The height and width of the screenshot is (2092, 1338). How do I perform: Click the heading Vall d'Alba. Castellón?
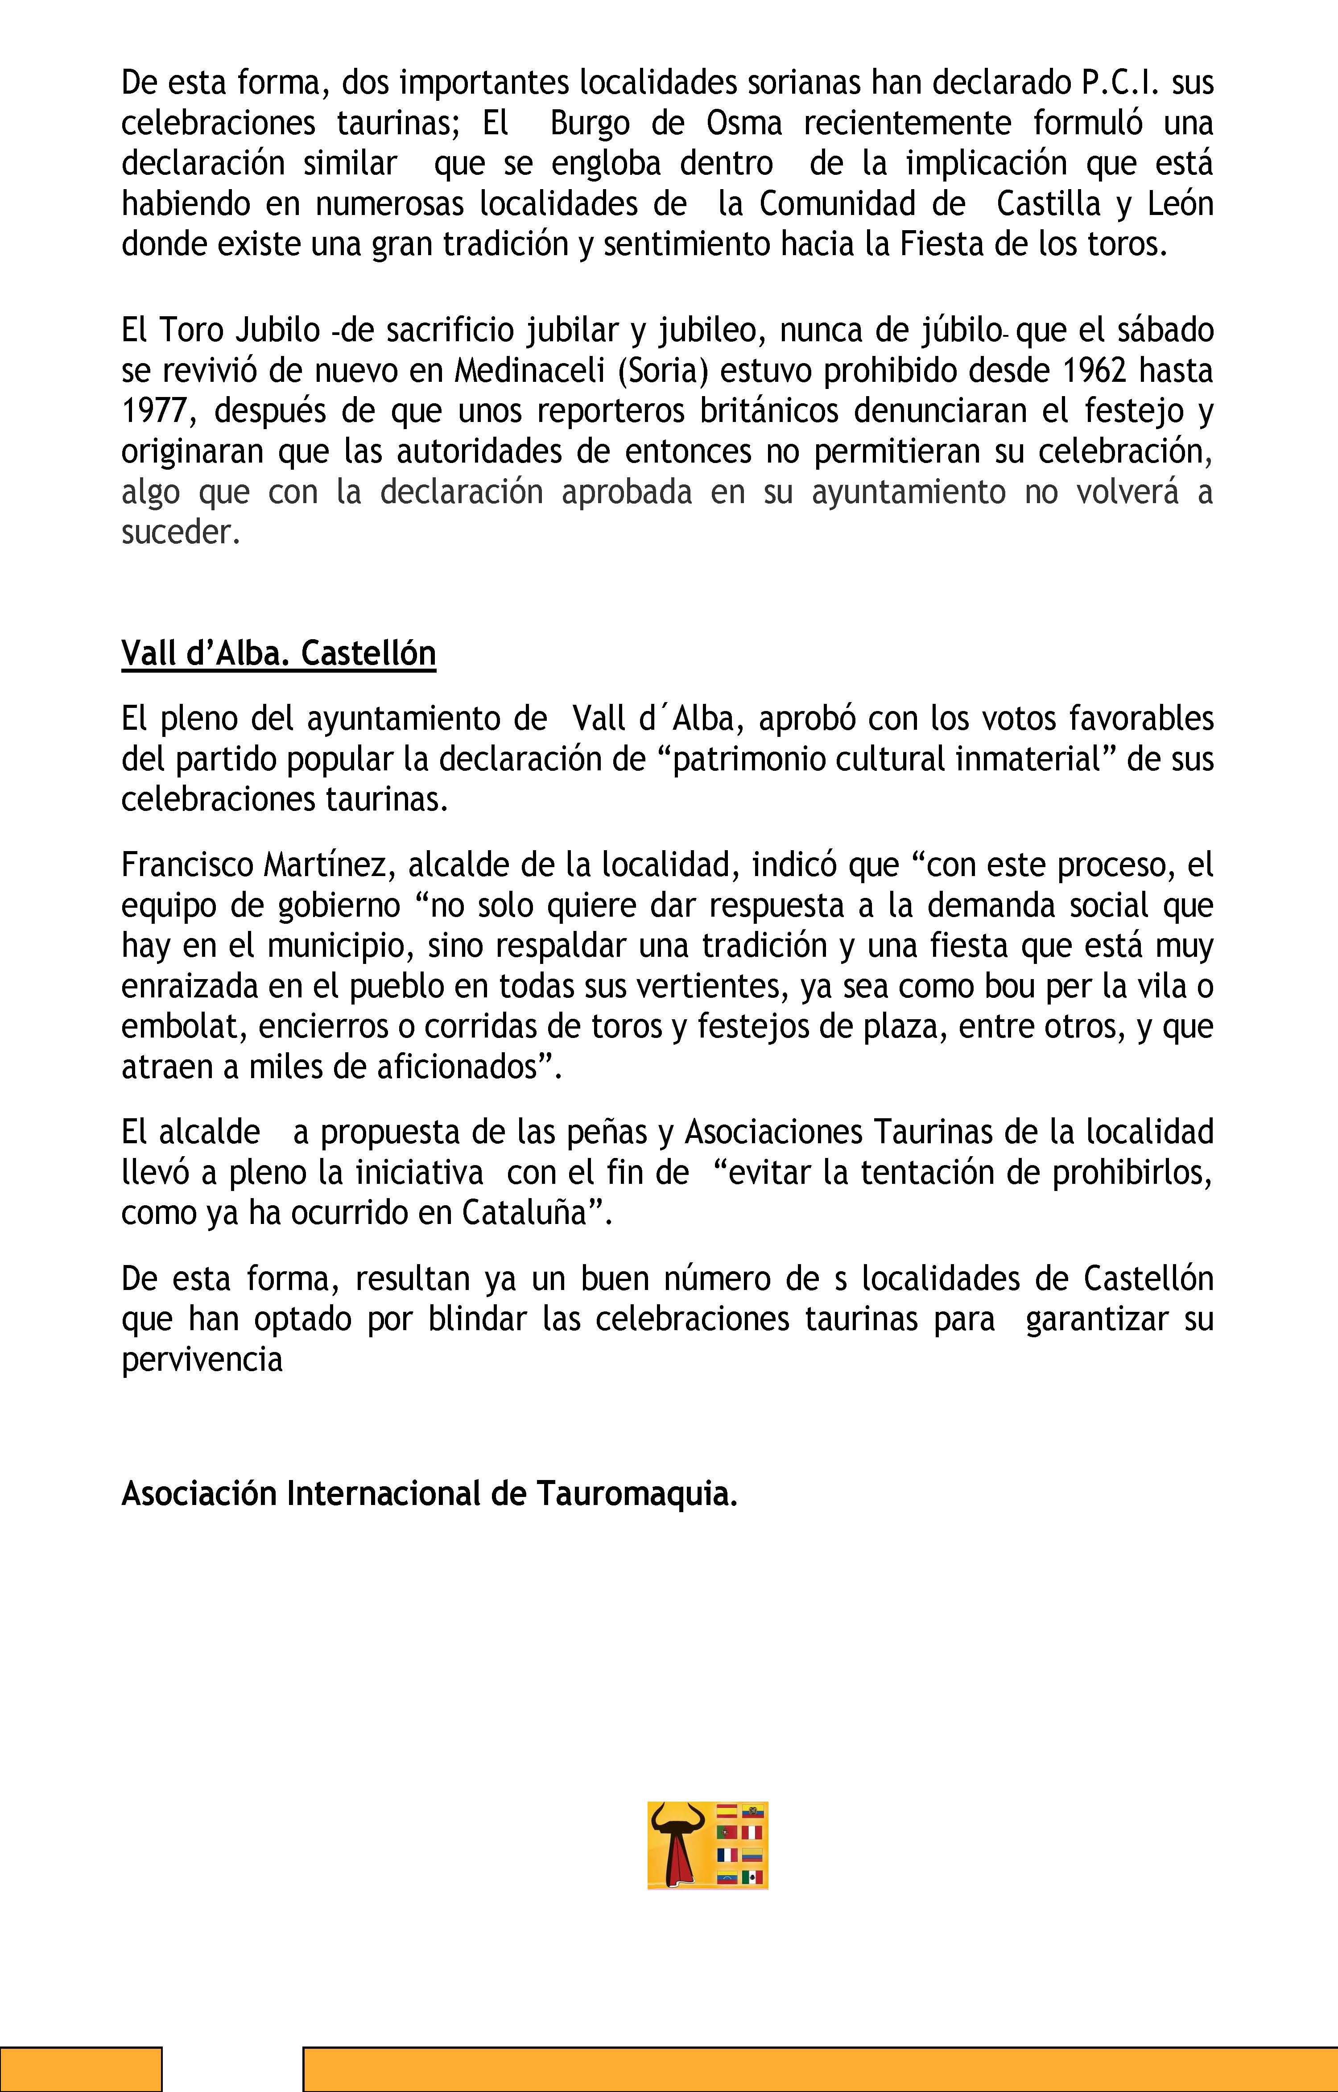(278, 653)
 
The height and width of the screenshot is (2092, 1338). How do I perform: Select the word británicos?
(769, 411)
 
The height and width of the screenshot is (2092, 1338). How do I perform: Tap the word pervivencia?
(202, 1359)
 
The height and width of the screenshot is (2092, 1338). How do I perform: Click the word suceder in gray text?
(180, 532)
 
